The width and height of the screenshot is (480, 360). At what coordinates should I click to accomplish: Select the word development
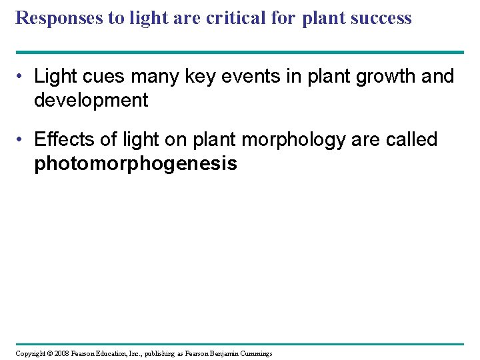pos(91,101)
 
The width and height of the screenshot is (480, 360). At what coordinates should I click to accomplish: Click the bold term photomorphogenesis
pos(135,164)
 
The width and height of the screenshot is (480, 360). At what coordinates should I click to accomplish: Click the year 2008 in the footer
pos(61,353)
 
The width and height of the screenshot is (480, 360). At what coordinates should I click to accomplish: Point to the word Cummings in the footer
pos(255,353)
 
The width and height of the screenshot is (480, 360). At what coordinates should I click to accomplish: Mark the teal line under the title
pos(239,52)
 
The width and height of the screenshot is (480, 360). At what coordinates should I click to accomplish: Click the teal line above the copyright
pos(239,344)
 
